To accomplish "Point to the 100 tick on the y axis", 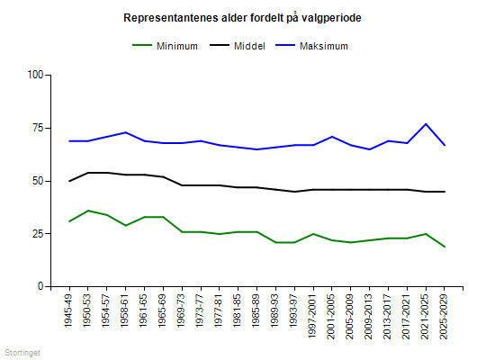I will pyautogui.click(x=35, y=75).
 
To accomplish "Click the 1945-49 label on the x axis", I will pyautogui.click(x=68, y=310).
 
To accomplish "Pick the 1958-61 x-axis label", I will pyautogui.click(x=126, y=310).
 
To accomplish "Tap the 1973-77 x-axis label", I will pyautogui.click(x=202, y=310).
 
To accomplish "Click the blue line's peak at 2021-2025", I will pyautogui.click(x=426, y=123).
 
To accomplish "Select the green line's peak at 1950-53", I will pyautogui.click(x=87, y=211).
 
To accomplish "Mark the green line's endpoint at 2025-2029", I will pyautogui.click(x=445, y=247).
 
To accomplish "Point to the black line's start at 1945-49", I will pyautogui.click(x=68, y=181).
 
